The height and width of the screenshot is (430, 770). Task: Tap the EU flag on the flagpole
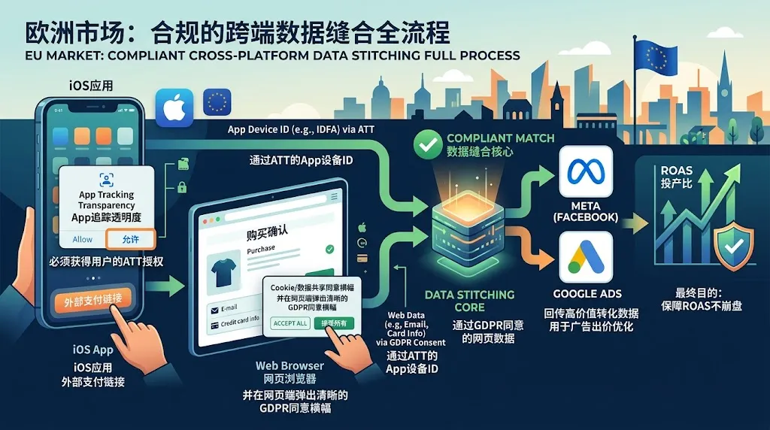point(655,54)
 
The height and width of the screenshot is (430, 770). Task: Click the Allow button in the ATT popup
point(83,239)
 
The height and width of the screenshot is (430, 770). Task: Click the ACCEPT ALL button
point(290,323)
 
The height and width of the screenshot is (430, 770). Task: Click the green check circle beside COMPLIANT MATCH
point(429,145)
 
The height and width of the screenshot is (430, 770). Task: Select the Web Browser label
point(290,366)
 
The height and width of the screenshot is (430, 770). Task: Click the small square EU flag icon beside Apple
point(218,101)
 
